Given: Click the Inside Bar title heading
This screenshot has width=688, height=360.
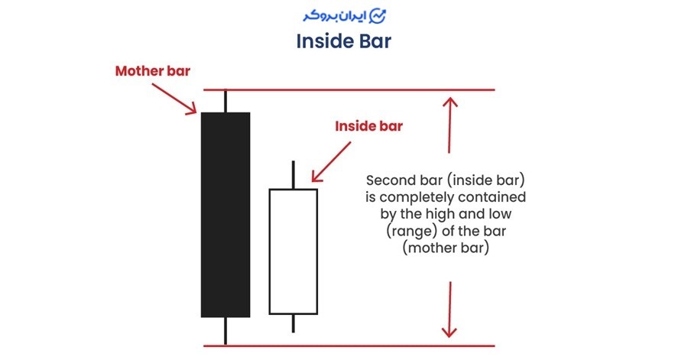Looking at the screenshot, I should pos(343,41).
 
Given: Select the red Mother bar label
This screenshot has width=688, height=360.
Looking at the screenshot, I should pos(152,71).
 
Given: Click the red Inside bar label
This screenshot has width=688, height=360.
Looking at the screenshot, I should pos(368,127).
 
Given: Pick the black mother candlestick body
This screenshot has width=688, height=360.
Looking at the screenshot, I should pos(226,214).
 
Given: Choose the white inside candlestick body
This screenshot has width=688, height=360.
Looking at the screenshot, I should pos(293,251).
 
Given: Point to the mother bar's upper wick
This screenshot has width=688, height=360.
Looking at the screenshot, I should pos(226,101).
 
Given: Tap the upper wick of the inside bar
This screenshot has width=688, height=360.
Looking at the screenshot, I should pos(293,175).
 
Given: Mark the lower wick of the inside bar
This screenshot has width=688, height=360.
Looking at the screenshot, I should pos(293,323).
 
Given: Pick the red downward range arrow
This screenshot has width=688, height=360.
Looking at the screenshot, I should pos(450,310).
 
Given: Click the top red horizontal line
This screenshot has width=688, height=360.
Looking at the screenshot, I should pos(348,89).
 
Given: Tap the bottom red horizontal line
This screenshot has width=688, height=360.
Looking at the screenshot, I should pos(348,345).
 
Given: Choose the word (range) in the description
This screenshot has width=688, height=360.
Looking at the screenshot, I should pos(411,232).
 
